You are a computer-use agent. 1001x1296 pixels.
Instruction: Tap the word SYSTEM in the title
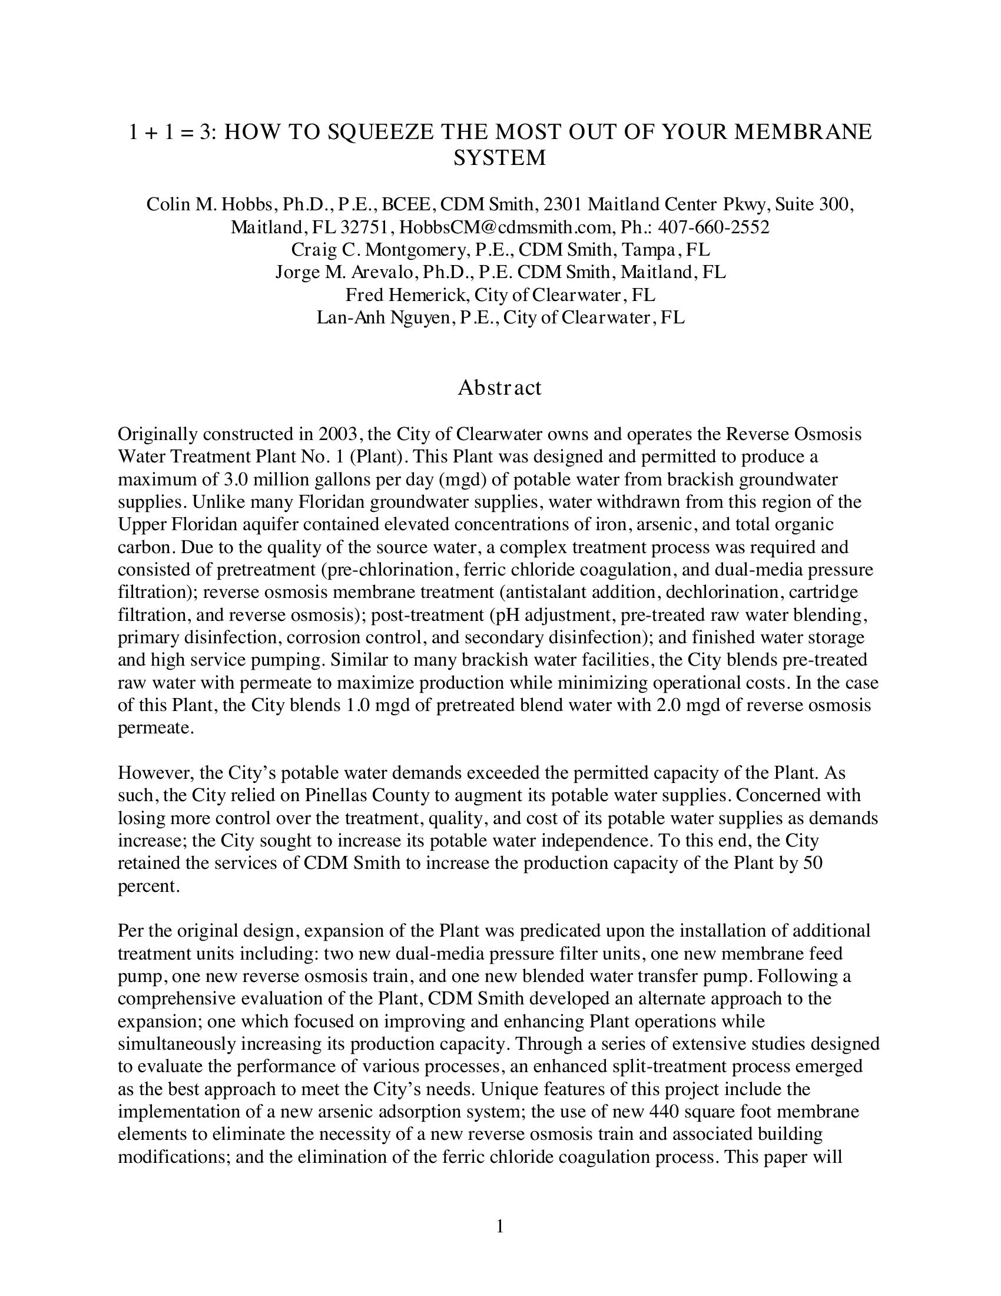click(499, 158)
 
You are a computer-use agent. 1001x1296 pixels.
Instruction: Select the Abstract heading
click(499, 388)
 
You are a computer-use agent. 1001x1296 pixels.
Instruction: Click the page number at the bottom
click(499, 1226)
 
